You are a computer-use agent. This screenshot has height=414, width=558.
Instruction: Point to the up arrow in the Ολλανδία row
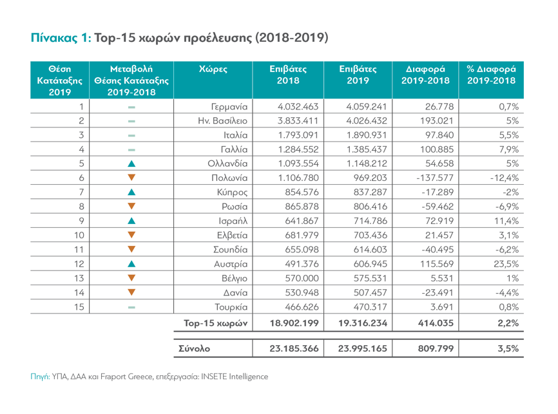tap(131, 164)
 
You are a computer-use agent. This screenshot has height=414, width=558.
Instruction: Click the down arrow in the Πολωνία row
tap(131, 178)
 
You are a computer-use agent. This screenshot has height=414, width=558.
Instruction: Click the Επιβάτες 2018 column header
tap(288, 75)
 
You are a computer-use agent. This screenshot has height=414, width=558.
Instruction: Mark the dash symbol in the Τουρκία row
tap(131, 306)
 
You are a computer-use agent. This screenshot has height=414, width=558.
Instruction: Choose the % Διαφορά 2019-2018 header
tap(491, 75)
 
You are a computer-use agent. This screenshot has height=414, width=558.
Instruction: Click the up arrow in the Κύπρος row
tap(131, 192)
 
